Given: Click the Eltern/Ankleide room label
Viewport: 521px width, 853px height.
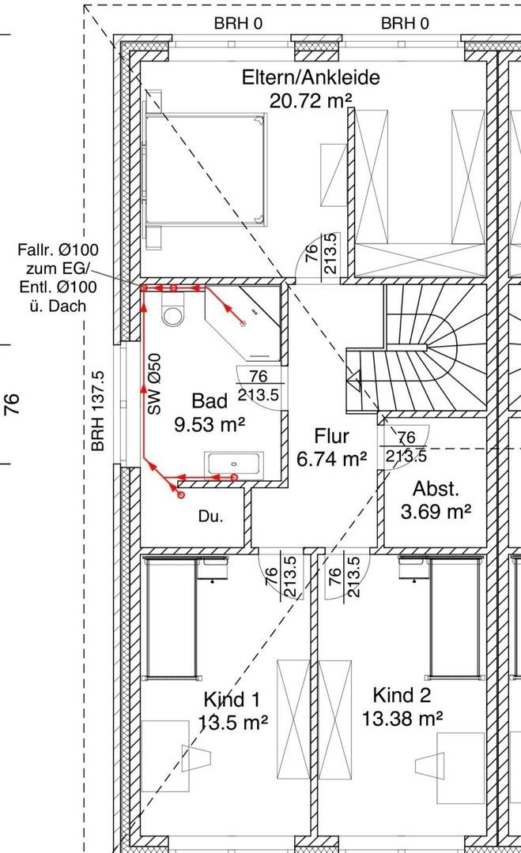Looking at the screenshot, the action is (311, 77).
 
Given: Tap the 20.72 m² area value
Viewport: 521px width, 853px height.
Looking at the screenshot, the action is (311, 100).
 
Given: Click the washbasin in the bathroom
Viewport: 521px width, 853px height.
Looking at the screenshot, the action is (234, 464).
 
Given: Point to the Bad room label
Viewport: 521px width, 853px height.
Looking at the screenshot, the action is (210, 401).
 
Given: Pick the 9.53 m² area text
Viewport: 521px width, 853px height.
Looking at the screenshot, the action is (210, 424).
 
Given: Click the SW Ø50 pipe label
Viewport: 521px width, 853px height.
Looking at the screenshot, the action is (155, 384).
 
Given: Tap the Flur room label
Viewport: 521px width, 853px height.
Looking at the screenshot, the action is (331, 436).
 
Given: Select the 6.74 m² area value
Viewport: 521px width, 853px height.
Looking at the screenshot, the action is (331, 460).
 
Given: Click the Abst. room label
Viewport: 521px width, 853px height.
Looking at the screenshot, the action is (436, 489).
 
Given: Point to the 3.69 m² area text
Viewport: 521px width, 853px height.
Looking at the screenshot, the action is (436, 511).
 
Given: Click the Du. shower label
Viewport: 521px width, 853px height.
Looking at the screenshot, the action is (210, 517).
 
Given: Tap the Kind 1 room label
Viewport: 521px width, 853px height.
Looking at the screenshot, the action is (232, 699).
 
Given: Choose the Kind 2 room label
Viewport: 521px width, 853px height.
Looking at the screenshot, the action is (402, 695).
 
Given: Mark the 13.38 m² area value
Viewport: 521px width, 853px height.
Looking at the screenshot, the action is (402, 719).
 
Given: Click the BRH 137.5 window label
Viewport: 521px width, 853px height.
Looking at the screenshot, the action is (98, 411).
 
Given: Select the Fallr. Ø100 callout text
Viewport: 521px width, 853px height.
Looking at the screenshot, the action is (59, 250).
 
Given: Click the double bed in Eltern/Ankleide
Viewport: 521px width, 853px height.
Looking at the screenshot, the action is (205, 169).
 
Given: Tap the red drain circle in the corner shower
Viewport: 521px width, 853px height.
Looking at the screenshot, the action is (244, 324).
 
